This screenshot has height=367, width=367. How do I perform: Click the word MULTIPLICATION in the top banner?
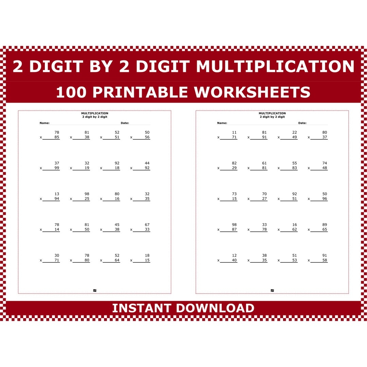tap(275, 67)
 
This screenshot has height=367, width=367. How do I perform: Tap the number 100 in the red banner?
tap(71, 92)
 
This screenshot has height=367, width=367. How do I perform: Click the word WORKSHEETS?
tap(252, 92)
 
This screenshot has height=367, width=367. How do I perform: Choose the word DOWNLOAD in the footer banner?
tap(215, 308)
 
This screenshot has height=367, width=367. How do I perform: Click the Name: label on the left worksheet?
tap(45, 123)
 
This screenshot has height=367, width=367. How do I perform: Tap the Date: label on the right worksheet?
tap(302, 123)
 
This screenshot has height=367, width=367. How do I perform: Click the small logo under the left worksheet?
tap(95, 291)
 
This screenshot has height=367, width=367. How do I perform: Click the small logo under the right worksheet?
tap(272, 291)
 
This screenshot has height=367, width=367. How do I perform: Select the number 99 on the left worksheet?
tap(57, 168)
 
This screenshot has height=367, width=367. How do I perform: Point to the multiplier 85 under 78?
tap(57, 137)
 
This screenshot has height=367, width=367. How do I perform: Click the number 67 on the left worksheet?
tap(147, 225)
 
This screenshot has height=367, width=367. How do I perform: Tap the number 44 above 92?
tap(147, 163)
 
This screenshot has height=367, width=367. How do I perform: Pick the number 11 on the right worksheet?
tap(234, 133)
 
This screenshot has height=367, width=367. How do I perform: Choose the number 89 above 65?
tap(325, 225)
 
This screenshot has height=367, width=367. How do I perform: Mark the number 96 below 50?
tap(325, 199)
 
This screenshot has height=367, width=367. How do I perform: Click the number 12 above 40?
tap(234, 256)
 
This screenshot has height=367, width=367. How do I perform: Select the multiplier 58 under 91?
tap(325, 260)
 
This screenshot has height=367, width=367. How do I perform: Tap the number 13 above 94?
tap(57, 194)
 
